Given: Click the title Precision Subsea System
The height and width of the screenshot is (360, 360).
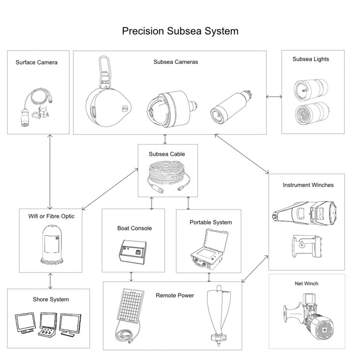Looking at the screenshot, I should (x=180, y=31).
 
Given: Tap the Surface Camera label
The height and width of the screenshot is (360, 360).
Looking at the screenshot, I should (x=37, y=62).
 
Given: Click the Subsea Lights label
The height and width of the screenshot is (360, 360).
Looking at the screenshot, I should (x=310, y=60).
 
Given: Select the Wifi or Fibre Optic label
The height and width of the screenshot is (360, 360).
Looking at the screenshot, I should (x=50, y=216).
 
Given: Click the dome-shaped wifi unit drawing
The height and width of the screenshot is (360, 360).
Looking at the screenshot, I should (x=50, y=245).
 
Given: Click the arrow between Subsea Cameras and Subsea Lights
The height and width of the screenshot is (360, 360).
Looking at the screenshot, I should (x=274, y=97).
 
